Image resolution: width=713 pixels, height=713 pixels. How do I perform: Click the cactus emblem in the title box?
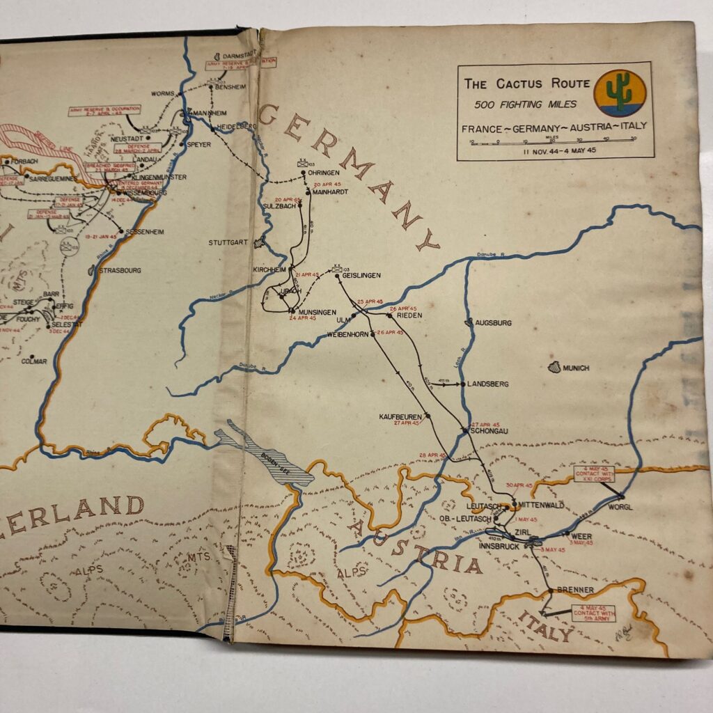(x=619, y=93)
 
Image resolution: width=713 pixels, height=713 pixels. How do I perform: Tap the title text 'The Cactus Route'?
(x=526, y=84)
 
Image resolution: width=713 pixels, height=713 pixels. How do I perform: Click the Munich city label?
(x=577, y=368)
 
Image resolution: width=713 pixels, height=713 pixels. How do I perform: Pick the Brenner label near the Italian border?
(x=575, y=590)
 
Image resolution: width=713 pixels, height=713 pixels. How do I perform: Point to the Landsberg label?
(x=488, y=384)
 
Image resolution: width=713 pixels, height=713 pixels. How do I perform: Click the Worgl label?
(x=620, y=507)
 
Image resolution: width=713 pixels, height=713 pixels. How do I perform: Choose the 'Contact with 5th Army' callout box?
(x=593, y=613)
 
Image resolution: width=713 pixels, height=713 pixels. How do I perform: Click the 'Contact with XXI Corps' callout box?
(x=594, y=473)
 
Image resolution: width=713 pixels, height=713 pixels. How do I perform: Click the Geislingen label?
(x=361, y=276)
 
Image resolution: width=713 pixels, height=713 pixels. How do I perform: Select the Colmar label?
(x=33, y=361)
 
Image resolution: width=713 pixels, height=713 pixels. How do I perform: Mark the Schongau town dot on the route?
(x=464, y=431)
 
